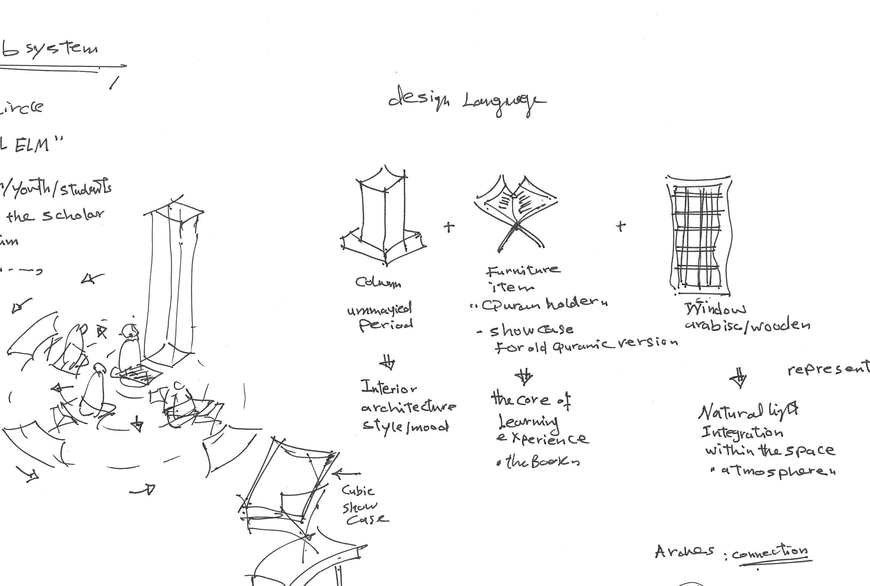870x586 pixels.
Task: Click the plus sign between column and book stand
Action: tap(449, 227)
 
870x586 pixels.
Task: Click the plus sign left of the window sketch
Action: tap(620, 226)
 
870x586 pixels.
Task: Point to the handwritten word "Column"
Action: tap(378, 282)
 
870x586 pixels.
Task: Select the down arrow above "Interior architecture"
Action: tap(388, 363)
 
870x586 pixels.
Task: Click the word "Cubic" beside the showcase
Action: tap(358, 490)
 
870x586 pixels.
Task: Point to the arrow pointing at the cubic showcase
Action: tap(346, 474)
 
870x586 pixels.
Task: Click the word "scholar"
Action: tap(73, 214)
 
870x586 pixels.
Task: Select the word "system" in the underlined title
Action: tap(62, 49)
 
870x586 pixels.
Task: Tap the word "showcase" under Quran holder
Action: tap(531, 330)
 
